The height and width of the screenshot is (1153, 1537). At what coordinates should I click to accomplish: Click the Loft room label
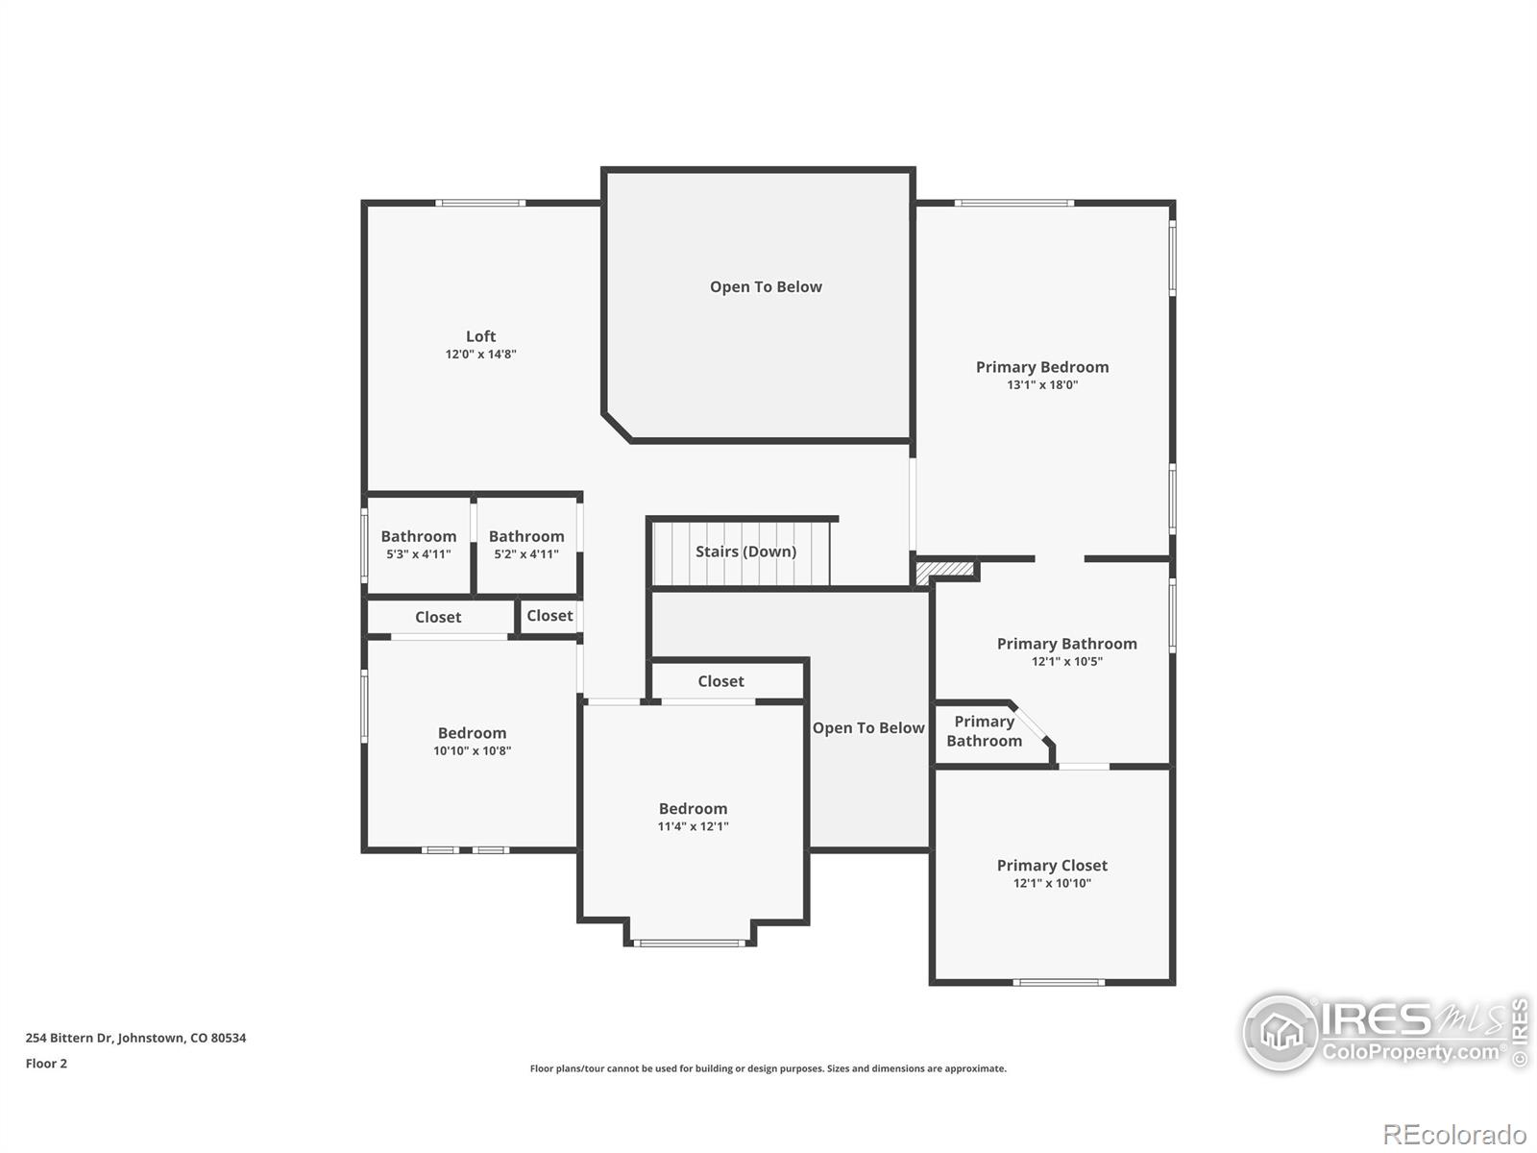click(x=480, y=336)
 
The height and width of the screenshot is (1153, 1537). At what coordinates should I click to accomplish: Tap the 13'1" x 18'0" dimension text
click(x=1042, y=385)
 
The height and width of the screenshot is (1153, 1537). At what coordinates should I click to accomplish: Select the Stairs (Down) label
click(x=745, y=552)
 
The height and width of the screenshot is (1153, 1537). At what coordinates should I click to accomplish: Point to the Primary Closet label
click(x=1052, y=866)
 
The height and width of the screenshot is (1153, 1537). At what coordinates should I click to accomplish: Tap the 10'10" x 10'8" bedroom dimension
click(x=472, y=751)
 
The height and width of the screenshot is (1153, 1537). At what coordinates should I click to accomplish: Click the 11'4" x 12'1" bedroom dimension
click(x=693, y=826)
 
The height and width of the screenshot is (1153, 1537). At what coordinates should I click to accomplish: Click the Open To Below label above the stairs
click(x=766, y=286)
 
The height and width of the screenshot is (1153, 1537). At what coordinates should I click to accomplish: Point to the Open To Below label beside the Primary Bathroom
click(x=868, y=728)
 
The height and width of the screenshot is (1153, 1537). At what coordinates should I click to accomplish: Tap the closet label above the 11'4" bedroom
click(x=720, y=681)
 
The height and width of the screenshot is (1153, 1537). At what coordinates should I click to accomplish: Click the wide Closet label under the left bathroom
click(x=438, y=618)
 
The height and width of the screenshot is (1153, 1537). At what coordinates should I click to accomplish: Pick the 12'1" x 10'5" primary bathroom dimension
click(x=1066, y=662)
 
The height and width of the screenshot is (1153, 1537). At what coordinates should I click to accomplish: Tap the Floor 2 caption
click(x=46, y=1064)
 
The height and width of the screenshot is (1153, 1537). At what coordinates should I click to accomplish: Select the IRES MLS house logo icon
click(x=1281, y=1033)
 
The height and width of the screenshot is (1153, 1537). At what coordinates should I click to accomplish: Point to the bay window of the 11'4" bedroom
click(x=690, y=943)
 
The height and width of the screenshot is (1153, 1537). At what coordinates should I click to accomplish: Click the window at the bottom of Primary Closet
click(x=1059, y=982)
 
